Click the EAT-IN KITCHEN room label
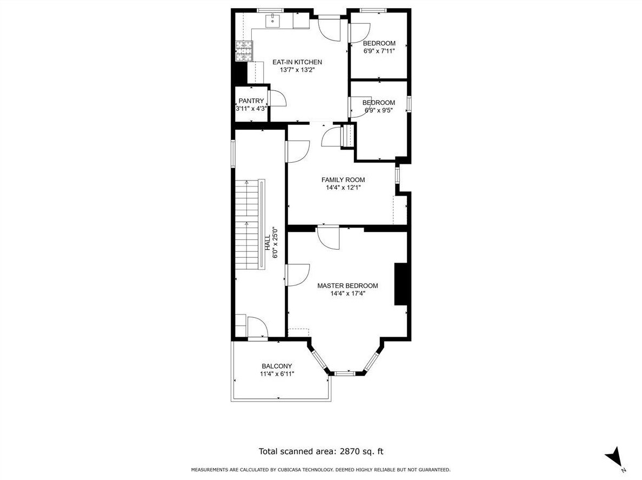[x=297, y=62]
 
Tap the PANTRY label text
[x=251, y=101]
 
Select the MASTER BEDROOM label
[x=347, y=286]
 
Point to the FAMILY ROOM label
[x=343, y=180]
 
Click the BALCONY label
[x=277, y=366]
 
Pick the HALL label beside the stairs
[x=267, y=243]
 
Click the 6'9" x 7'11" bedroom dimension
[x=379, y=51]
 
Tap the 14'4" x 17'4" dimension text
[x=347, y=293]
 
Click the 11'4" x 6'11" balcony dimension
[x=277, y=374]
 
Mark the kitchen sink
[x=272, y=20]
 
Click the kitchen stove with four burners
[x=244, y=51]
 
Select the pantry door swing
[x=278, y=98]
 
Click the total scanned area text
[x=321, y=451]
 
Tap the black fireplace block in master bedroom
[x=400, y=284]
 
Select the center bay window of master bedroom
[x=345, y=373]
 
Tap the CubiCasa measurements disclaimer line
[x=321, y=470]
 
